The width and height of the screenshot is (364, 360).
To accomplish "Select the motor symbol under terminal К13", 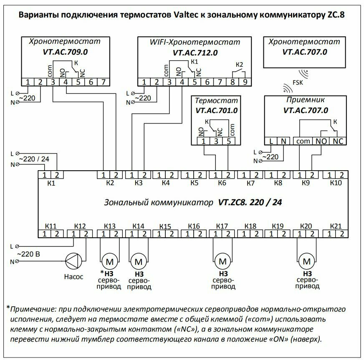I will pos(110,262).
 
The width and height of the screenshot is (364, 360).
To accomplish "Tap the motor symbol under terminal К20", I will pos(308,262).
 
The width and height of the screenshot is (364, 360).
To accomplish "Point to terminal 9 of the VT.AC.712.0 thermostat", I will pos(245,82).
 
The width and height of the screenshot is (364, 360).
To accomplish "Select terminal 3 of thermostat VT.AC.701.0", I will pos(216,141).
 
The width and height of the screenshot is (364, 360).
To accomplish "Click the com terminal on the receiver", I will pos(303,141).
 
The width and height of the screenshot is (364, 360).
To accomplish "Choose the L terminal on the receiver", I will pos(271,141).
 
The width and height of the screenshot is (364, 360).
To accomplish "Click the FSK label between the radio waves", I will pos(298,83).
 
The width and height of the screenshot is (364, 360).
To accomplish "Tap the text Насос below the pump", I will pos(74,276).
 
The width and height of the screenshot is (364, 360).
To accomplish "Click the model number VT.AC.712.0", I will pos(195,53).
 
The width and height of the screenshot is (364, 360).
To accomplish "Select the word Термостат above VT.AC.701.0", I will pos(216,101).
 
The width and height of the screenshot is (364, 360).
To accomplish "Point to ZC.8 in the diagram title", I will pos(336,15).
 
